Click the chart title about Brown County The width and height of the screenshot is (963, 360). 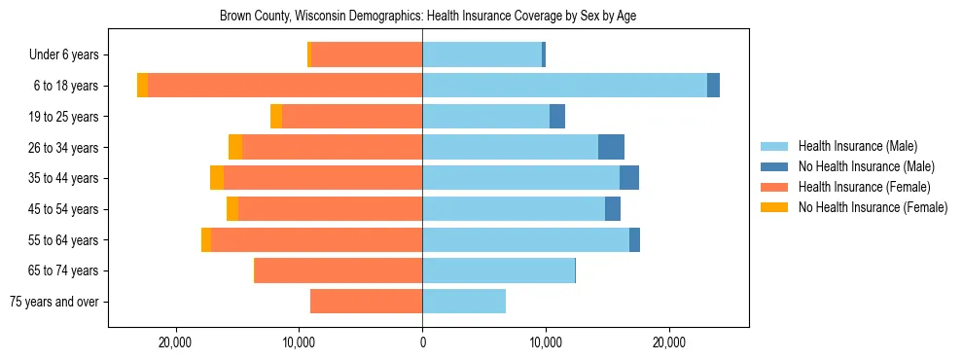coord(428,17)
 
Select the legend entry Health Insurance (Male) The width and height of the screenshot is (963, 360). coord(856,146)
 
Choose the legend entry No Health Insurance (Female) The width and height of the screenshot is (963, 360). coord(873,207)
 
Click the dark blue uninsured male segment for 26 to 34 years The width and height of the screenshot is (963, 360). coord(611,147)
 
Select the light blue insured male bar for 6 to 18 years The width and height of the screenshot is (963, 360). coord(564,86)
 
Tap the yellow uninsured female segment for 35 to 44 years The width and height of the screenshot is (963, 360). coord(217,178)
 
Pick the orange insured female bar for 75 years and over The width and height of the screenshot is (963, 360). coord(366,302)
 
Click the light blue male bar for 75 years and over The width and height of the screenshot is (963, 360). coord(464,302)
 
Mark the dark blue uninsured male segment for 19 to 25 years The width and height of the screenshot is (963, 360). coord(557,117)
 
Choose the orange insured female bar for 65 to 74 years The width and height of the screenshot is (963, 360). coord(339,270)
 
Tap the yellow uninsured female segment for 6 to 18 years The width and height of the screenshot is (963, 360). coord(143,86)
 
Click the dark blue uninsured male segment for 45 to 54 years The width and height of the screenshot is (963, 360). coord(613,209)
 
